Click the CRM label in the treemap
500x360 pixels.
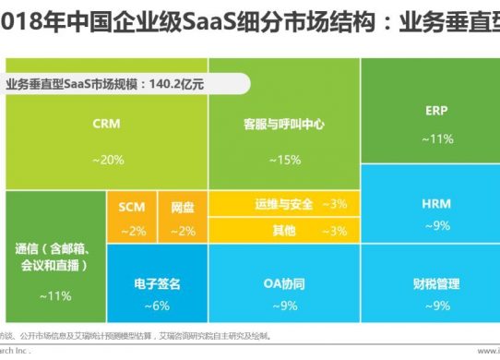(107, 122)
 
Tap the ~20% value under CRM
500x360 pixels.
(107, 160)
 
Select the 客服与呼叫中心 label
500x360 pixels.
(284, 123)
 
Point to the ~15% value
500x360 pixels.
(284, 160)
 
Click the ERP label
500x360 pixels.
(437, 110)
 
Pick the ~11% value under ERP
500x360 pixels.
(437, 138)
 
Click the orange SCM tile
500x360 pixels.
(132, 218)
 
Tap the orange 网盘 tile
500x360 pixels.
(183, 218)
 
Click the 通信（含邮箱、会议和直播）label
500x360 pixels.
(52, 257)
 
